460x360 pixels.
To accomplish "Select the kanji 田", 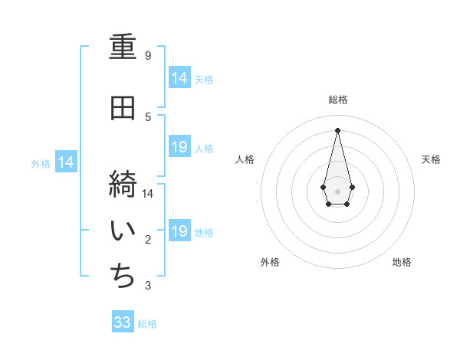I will tap(123, 109).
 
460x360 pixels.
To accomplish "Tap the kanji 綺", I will tap(123, 185).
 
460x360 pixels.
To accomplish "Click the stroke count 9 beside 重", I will tap(148, 56).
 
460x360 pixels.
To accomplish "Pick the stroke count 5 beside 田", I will tap(148, 116).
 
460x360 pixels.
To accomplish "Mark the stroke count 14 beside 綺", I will tap(148, 193).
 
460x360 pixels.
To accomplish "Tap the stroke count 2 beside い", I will tap(148, 241).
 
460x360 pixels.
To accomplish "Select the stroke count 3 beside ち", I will tap(148, 286).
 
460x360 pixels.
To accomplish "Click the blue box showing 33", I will tap(123, 322).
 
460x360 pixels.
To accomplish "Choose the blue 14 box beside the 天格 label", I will tap(179, 78).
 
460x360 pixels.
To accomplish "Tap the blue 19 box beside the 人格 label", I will tap(179, 147).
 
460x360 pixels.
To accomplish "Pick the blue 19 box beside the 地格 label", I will tap(179, 231).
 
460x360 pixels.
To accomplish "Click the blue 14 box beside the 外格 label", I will tap(66, 162).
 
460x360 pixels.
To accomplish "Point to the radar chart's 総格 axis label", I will tap(338, 100).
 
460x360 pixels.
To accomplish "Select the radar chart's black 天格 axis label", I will tap(431, 159).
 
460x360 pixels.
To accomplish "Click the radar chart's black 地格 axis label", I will tap(402, 262).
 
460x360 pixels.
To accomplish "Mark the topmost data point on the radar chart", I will tap(337, 129).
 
